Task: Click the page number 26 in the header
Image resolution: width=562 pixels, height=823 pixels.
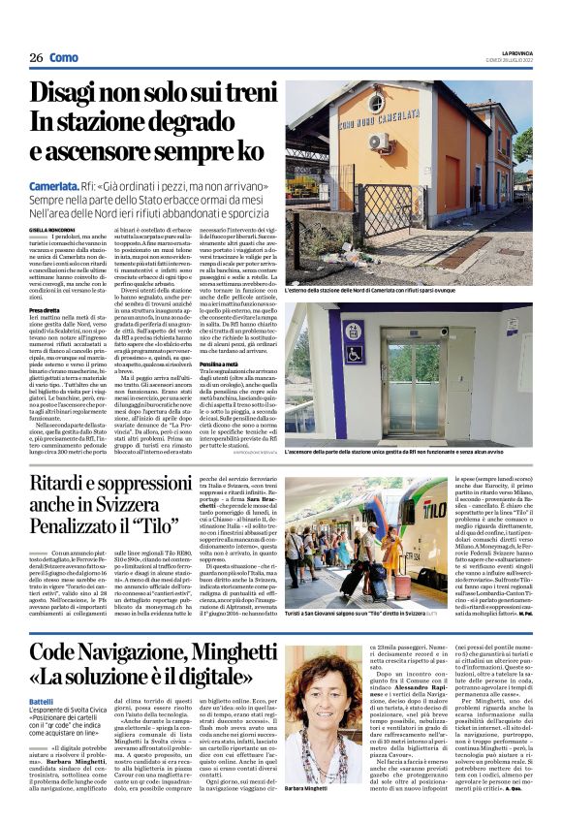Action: pos(36,57)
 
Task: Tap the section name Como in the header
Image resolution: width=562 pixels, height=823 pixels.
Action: pos(64,57)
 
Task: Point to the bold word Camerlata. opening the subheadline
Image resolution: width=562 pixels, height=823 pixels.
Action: pos(54,184)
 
